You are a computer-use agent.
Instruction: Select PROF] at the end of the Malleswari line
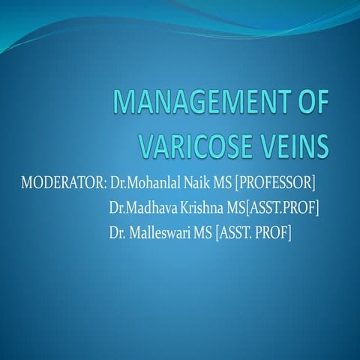tap(274, 234)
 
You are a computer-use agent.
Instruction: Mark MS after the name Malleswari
tap(201, 234)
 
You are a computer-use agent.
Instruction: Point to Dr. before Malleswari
tap(116, 234)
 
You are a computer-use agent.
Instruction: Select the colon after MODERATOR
tap(103, 184)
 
